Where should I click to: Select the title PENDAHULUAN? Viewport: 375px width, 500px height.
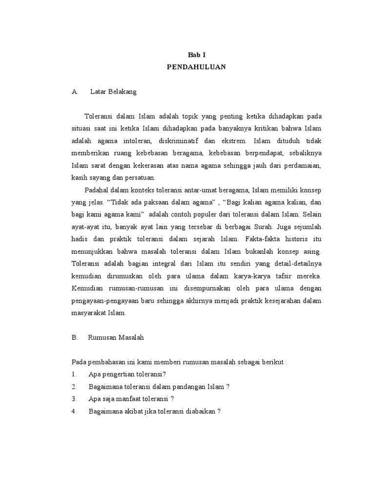tap(197, 67)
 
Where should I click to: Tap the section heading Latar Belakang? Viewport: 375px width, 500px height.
tap(114, 92)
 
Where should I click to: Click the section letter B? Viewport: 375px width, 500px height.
tap(75, 337)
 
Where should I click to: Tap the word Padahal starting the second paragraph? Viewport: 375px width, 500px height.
tap(96, 190)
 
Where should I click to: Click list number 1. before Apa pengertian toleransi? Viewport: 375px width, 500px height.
tap(74, 374)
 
